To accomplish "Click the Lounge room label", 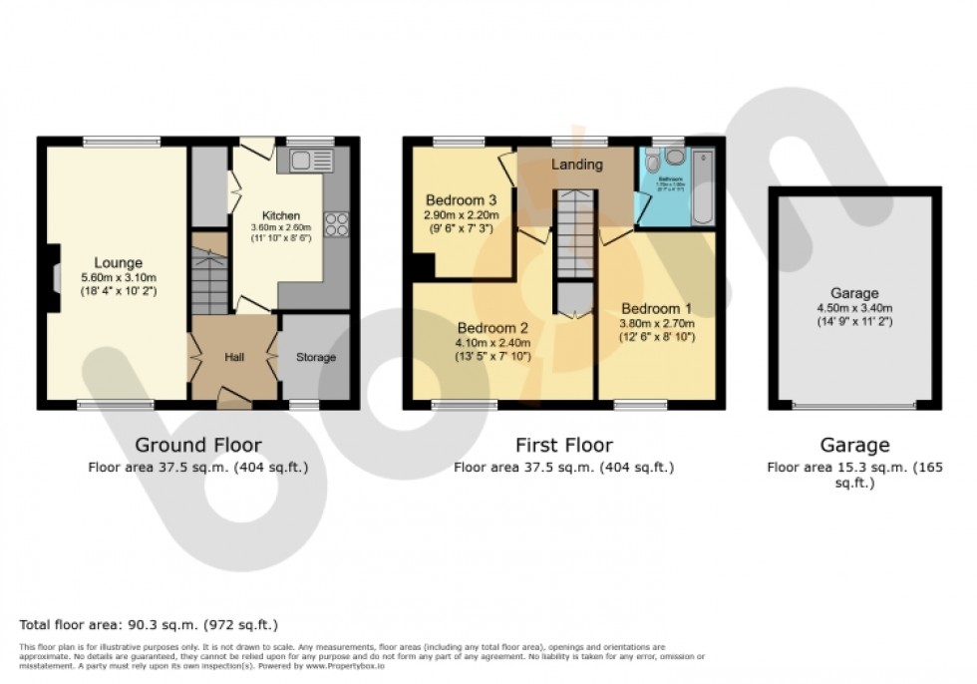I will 119,263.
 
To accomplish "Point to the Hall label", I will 233,357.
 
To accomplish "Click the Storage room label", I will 315,357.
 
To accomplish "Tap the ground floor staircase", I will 209,283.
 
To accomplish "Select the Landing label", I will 577,165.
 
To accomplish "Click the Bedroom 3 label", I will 461,199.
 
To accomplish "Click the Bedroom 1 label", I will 655,308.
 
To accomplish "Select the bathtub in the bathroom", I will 704,187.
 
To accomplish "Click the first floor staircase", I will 575,235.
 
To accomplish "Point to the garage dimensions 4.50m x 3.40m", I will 854,308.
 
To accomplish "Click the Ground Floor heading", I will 197,445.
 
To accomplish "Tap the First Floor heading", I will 563,445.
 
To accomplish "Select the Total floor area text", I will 149,624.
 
